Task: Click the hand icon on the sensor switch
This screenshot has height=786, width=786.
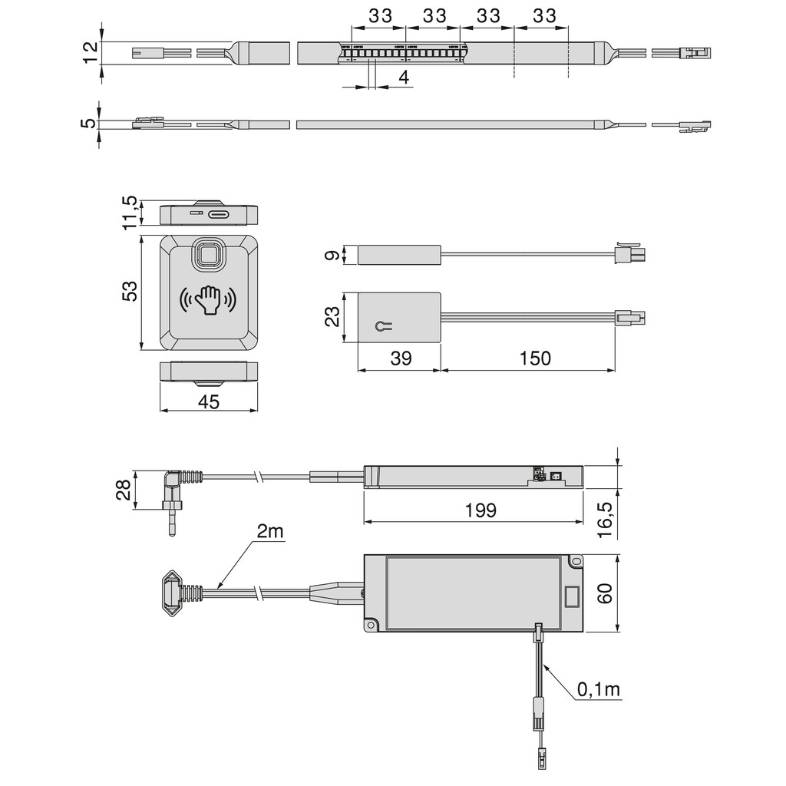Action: [208, 301]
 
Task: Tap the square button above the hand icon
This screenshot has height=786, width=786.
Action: [208, 255]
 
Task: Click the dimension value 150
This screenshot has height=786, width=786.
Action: [535, 358]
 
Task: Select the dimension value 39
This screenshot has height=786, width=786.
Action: [400, 358]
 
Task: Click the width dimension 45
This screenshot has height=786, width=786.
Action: [207, 401]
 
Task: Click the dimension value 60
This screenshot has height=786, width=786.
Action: [606, 595]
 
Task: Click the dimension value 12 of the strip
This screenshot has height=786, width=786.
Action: [91, 53]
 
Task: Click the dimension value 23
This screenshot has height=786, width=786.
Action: [332, 316]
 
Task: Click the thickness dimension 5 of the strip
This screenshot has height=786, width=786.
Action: [91, 123]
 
